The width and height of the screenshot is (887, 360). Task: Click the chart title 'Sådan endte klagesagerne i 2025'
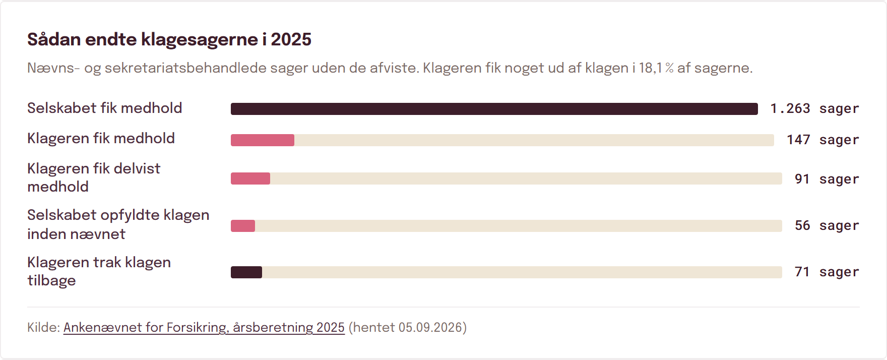(x=169, y=39)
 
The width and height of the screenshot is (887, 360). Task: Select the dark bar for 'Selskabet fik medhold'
(x=494, y=109)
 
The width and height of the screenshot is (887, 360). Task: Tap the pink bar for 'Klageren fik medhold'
(x=263, y=140)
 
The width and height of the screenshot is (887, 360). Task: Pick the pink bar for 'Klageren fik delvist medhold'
(x=250, y=178)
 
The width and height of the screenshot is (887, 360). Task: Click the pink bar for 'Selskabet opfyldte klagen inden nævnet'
(x=243, y=226)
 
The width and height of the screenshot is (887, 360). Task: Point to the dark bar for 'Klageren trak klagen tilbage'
(x=246, y=272)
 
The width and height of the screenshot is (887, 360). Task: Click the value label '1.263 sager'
(x=814, y=109)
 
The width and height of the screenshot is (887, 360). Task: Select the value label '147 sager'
(x=823, y=140)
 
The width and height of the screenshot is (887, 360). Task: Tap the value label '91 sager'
(x=827, y=179)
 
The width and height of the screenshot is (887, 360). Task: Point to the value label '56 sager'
(x=827, y=226)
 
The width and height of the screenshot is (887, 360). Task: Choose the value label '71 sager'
(x=827, y=272)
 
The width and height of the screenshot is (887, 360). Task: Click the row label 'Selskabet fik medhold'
(x=105, y=108)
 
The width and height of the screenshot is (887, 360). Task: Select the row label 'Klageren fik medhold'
(x=101, y=138)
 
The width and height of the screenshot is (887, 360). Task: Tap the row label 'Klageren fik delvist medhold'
(x=94, y=177)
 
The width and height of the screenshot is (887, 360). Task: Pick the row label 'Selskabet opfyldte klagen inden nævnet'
(x=118, y=224)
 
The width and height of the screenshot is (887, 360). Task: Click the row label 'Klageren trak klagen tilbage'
(x=99, y=271)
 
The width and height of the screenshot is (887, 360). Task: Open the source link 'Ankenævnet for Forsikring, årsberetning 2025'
(x=204, y=328)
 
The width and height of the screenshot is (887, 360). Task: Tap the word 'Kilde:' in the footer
(x=44, y=328)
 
